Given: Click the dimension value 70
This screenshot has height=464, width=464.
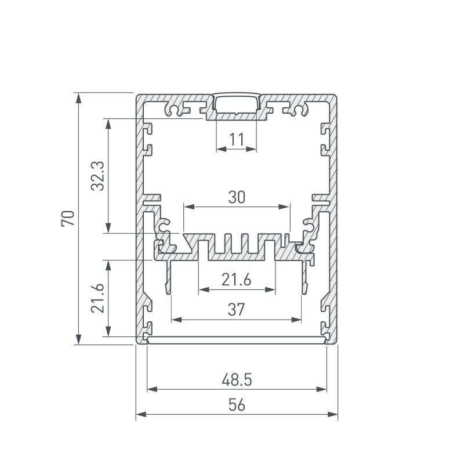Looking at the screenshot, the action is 68,219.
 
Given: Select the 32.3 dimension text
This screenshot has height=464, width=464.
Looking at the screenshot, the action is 97,176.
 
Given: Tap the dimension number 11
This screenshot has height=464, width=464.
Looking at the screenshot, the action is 237,139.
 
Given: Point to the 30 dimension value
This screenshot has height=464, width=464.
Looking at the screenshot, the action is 237,197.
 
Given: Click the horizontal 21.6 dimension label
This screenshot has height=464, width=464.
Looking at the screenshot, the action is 237,280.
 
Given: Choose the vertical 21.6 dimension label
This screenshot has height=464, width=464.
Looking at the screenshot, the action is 97,298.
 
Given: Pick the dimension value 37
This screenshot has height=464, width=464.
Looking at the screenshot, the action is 237,310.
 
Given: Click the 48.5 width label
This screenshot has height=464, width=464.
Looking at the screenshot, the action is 237,380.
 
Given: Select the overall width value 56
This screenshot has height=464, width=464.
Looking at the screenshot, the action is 237,405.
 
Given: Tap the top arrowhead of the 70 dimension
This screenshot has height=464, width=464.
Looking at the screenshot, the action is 78,97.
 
